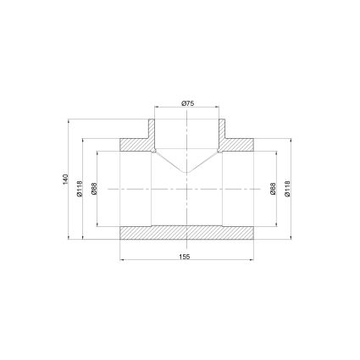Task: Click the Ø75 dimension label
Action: pyautogui.click(x=187, y=103)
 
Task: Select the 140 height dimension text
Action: pyautogui.click(x=65, y=180)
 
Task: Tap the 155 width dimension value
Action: pyautogui.click(x=185, y=257)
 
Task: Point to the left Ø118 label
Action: pyautogui.click(x=80, y=189)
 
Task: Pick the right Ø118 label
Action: pyautogui.click(x=287, y=189)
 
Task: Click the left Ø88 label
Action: pyautogui.click(x=94, y=189)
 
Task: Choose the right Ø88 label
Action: pyautogui.click(x=273, y=189)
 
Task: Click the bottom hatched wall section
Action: pyautogui.click(x=186, y=233)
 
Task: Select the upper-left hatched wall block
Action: pyautogui.click(x=136, y=145)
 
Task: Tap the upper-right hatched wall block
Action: pyautogui.click(x=238, y=145)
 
